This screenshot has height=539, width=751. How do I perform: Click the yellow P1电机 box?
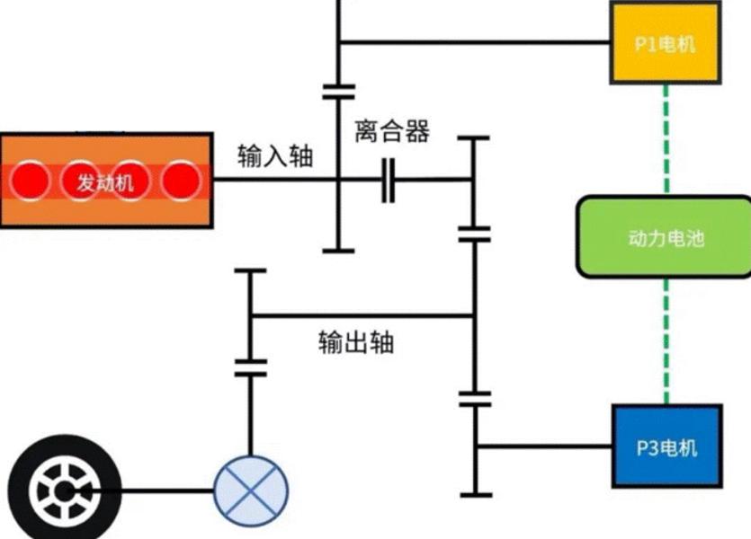665,42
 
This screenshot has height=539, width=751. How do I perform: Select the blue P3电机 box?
666,446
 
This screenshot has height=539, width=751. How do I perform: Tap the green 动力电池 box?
665,237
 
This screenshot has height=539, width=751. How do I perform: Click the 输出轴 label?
355,342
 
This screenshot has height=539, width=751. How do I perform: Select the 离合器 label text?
391,133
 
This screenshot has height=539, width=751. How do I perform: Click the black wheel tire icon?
58,490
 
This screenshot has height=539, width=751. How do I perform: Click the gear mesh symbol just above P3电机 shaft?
473,398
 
